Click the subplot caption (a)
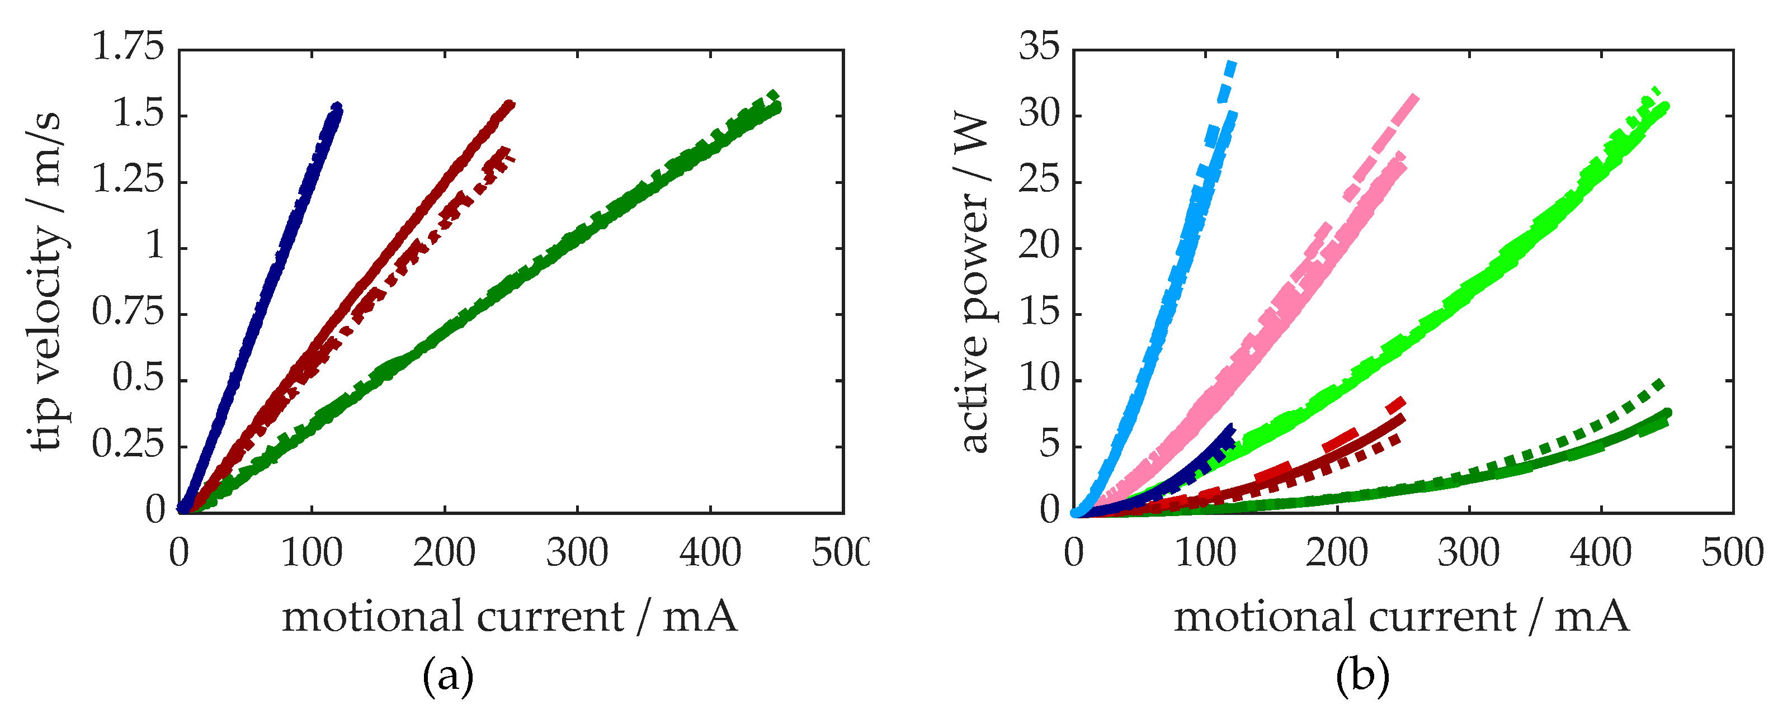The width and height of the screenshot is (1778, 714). coord(448,677)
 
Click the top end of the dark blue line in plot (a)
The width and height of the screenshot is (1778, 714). coord(337,107)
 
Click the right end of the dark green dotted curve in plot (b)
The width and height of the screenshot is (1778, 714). coord(1660,384)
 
